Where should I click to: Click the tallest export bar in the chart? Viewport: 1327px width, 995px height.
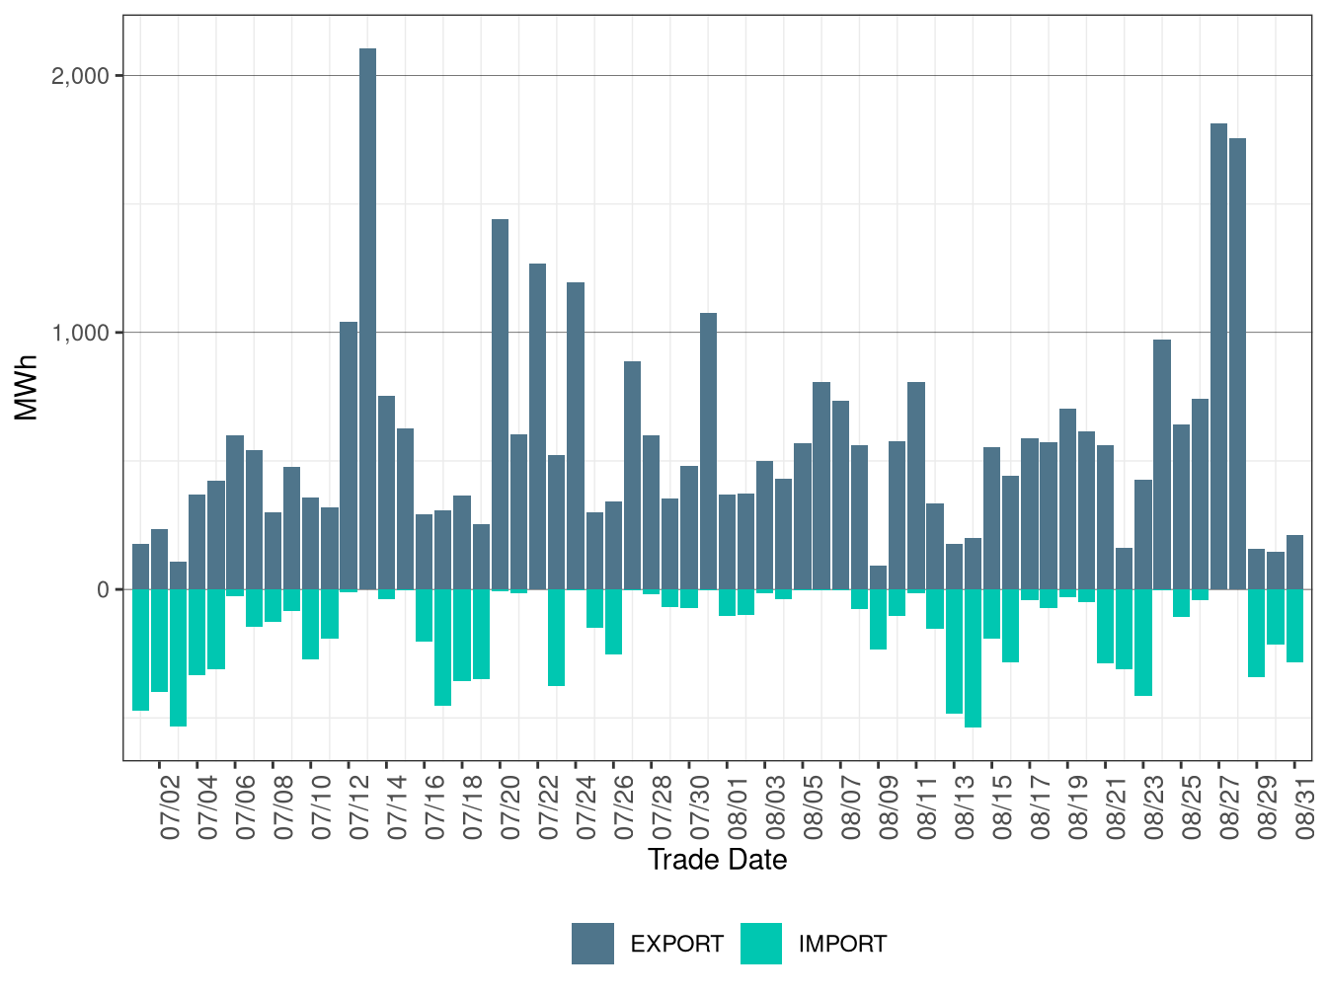click(367, 319)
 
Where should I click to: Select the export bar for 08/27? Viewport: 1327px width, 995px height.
click(1218, 356)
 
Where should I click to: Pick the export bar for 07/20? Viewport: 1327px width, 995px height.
click(500, 404)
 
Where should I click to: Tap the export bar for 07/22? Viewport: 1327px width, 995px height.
click(537, 426)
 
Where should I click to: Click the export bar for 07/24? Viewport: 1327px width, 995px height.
click(576, 435)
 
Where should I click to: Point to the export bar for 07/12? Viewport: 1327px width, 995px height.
click(349, 455)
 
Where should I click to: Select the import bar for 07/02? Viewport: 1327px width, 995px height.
click(159, 641)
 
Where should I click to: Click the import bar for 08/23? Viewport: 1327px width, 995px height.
click(1143, 643)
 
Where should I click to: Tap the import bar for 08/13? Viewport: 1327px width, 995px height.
click(954, 651)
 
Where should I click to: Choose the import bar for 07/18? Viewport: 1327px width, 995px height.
click(462, 635)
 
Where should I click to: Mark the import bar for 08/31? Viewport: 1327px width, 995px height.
click(1294, 626)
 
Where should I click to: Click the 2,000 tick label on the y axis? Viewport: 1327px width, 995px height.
click(80, 76)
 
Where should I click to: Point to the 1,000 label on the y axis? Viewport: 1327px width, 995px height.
click(80, 333)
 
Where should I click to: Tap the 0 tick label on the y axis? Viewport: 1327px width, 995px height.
click(104, 589)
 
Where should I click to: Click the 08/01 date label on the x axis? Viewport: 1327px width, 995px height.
click(738, 807)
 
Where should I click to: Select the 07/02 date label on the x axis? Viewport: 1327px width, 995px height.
click(170, 807)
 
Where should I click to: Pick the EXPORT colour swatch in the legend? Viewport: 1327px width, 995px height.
click(592, 944)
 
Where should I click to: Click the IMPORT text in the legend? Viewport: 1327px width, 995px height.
click(843, 945)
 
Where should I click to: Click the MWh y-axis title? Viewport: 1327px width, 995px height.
click(26, 388)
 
